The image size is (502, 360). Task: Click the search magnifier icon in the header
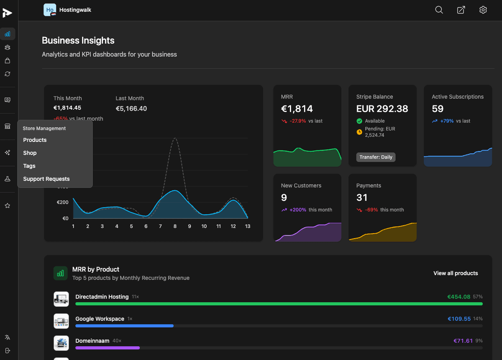click(x=439, y=10)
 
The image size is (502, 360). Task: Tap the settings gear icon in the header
click(x=483, y=10)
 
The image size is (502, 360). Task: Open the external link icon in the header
click(x=461, y=10)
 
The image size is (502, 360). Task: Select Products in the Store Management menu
click(x=35, y=140)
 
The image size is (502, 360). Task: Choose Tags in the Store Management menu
click(x=29, y=166)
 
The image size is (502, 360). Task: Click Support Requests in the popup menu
click(x=46, y=179)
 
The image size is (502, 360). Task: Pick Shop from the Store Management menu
click(x=30, y=153)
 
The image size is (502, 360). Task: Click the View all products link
click(x=456, y=273)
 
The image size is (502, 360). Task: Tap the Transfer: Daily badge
click(x=376, y=157)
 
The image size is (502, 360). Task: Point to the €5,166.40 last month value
click(x=131, y=108)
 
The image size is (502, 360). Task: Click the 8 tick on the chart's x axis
click(x=175, y=226)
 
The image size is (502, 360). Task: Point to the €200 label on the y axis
click(x=63, y=202)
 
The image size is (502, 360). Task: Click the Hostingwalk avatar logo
click(x=50, y=10)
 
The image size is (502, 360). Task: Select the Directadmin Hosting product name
click(x=102, y=297)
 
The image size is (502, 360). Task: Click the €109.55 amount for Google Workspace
click(x=459, y=319)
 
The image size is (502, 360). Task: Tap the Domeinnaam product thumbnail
click(x=61, y=343)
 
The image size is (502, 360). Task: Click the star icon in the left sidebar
click(x=7, y=206)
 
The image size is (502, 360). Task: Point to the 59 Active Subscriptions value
click(x=438, y=109)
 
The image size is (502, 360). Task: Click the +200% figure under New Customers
click(x=298, y=210)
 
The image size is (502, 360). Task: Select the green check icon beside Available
click(x=359, y=121)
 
